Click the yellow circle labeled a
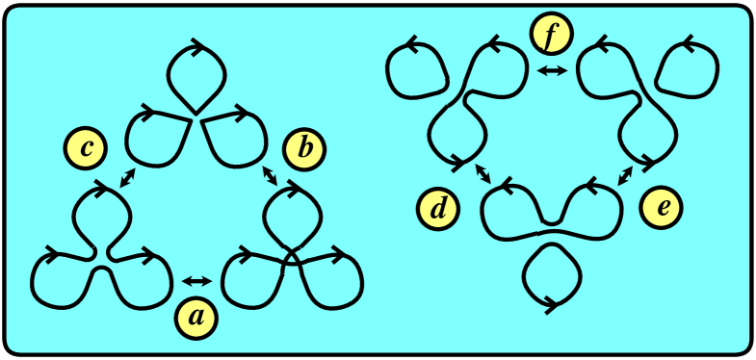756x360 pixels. click(196, 316)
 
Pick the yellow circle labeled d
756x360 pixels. click(439, 209)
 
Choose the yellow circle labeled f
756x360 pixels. click(551, 36)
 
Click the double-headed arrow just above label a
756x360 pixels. click(196, 281)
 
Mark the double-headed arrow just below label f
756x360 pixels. click(552, 70)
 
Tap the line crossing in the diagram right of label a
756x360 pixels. click(292, 258)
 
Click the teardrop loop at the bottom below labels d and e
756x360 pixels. click(552, 275)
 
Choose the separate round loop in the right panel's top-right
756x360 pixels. click(686, 67)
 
